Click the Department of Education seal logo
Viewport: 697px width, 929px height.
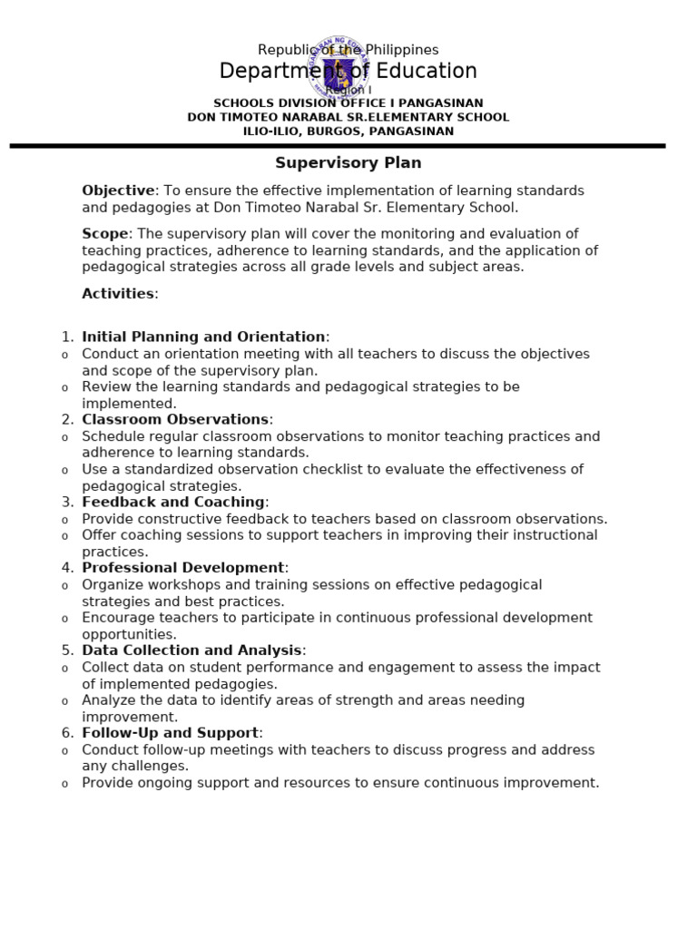coord(339,68)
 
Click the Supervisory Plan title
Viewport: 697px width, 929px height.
coord(348,163)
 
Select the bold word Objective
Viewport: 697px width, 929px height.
coord(118,191)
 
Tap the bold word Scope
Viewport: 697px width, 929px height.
coord(105,234)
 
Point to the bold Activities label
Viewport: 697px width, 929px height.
coord(118,294)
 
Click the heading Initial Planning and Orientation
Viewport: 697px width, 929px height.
coord(203,337)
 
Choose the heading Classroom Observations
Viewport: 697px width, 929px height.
coord(175,420)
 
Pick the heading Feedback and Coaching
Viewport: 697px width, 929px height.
coord(173,503)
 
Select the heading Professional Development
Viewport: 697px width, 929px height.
coord(183,569)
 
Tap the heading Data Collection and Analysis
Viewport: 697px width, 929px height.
coord(191,650)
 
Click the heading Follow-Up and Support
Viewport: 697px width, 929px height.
coord(171,733)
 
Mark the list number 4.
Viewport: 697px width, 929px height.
coord(67,569)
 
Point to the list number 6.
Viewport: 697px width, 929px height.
coord(67,733)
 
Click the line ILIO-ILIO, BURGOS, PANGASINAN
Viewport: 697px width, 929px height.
coord(348,132)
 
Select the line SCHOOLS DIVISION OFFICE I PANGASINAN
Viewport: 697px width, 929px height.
coord(348,103)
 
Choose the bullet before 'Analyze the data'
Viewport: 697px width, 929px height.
coord(64,701)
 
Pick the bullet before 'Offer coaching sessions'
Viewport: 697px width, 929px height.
coord(64,536)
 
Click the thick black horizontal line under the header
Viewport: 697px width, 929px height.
coord(338,145)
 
